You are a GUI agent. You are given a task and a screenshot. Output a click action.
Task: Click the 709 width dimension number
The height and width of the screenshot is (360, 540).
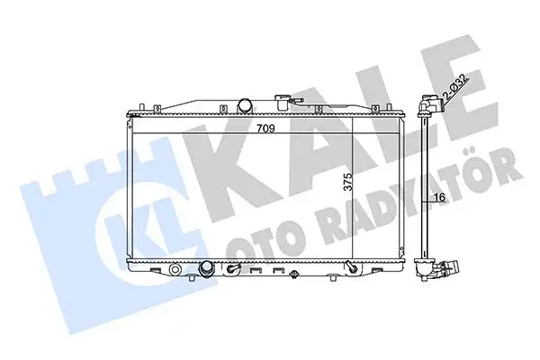(265, 128)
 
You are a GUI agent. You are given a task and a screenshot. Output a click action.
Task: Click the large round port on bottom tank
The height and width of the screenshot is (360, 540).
(206, 267)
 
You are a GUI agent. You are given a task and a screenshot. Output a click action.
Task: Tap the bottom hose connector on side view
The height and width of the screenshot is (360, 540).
(445, 266)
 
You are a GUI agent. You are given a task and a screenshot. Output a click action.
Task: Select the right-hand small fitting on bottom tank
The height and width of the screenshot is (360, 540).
(350, 266)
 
